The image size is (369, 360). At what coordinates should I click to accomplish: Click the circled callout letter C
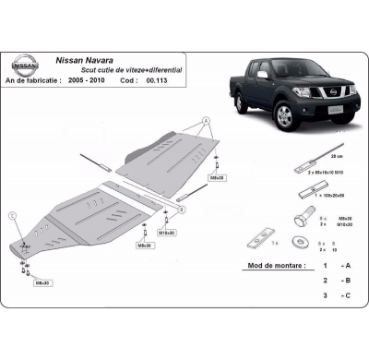point(14,216)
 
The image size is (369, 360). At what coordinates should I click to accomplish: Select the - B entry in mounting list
point(345,279)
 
